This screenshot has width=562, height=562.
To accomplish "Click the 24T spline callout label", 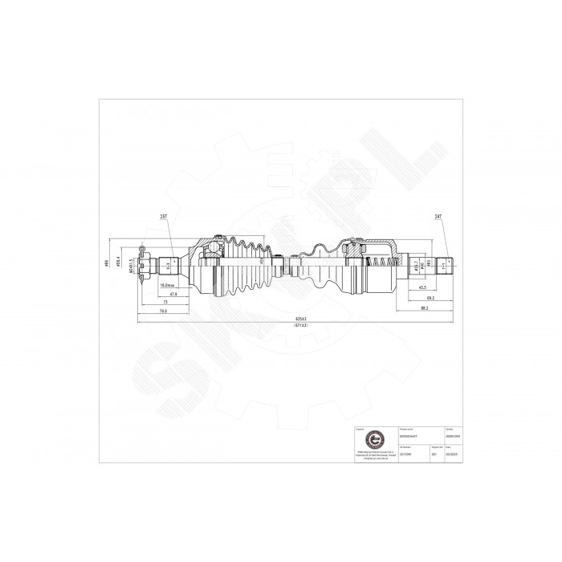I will click(438, 217).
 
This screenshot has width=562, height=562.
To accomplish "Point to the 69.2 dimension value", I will click(430, 298).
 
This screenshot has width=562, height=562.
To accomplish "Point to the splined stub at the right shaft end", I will click(443, 262).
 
